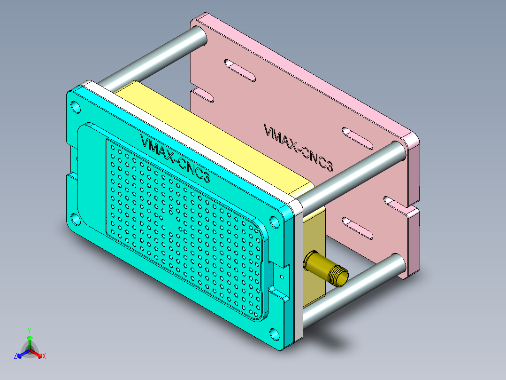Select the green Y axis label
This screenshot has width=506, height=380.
[x=30, y=331]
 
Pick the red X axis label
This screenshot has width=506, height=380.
[x=44, y=356]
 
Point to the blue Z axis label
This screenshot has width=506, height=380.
[x=15, y=356]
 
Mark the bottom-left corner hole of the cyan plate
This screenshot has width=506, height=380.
[x=75, y=219]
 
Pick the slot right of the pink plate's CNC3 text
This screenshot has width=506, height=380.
[x=358, y=137]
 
